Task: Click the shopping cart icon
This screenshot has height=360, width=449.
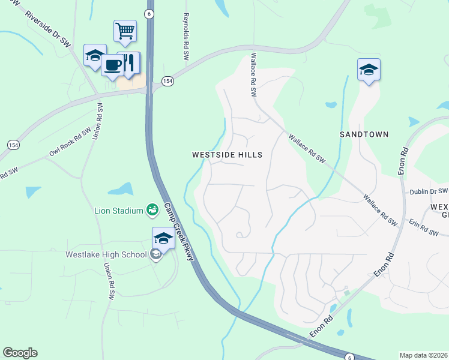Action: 125,31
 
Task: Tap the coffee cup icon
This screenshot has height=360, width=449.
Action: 112,64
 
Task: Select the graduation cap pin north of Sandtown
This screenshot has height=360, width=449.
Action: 369,70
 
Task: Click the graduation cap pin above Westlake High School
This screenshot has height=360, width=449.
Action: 163,238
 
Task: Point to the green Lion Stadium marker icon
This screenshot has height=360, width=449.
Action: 152,209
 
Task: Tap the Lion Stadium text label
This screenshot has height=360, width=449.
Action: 119,211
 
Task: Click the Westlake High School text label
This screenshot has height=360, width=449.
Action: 106,254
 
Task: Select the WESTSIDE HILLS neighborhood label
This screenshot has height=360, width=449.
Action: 227,155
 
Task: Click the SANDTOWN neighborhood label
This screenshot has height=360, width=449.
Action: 364,134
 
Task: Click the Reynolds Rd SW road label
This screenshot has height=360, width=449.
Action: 186,36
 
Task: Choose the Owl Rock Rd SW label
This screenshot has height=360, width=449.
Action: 70,142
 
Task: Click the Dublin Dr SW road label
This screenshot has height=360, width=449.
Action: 429,191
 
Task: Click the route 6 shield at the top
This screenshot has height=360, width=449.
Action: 149,13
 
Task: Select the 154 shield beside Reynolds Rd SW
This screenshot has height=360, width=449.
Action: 167,81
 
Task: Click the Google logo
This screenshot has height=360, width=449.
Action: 20,352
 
